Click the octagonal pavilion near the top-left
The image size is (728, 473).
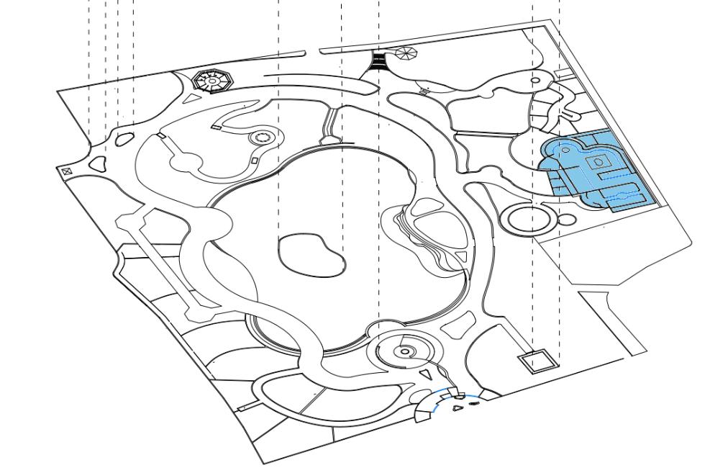click(x=213, y=81)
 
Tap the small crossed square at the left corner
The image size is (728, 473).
click(x=66, y=171)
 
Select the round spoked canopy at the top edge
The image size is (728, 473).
click(x=406, y=53)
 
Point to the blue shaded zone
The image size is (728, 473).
click(x=597, y=171)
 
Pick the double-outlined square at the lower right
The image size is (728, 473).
click(x=538, y=361)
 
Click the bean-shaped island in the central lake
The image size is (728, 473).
click(x=310, y=253)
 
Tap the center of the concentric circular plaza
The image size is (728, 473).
click(x=405, y=351)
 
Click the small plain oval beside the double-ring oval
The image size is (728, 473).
click(x=567, y=219)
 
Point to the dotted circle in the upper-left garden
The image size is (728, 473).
click(x=261, y=138)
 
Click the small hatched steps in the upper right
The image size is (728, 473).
click(x=424, y=91)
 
